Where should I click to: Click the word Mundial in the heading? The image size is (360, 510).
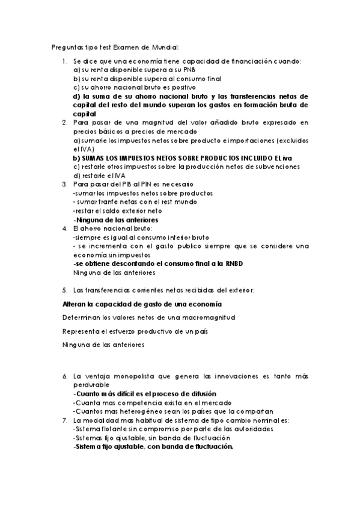point(165,47)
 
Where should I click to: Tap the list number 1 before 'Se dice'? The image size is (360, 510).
point(65,61)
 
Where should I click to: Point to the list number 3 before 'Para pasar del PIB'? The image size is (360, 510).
point(65,184)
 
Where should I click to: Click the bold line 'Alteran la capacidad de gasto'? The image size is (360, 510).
point(142,304)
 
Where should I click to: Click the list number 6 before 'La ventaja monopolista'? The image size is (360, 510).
point(65,376)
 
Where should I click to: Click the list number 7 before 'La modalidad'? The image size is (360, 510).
point(65,420)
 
